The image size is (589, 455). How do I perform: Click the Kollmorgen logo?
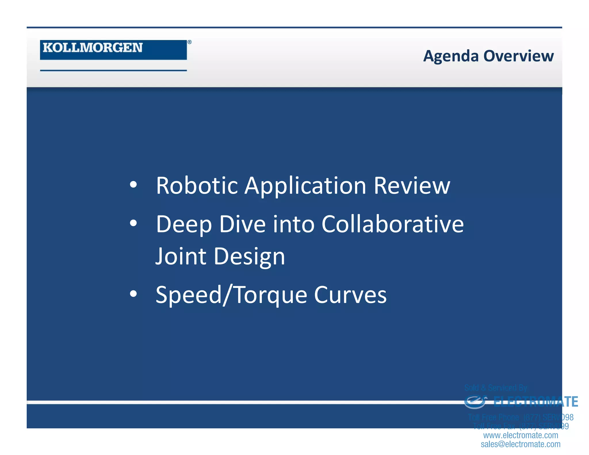113,49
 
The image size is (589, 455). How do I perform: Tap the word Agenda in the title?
450,56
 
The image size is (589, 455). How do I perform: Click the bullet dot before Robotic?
133,185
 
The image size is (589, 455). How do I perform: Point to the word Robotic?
197,186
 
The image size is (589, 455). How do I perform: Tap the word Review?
412,186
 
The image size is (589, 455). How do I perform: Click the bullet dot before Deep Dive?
133,223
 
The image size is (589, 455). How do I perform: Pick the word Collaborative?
393,224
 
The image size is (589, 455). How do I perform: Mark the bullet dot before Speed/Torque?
133,294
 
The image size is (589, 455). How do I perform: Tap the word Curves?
350,295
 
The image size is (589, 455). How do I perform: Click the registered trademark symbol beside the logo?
190,42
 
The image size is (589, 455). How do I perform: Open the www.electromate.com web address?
521,435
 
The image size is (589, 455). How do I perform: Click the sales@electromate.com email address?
521,444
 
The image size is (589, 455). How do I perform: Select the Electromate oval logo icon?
475,402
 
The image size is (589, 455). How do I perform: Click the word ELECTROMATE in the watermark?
536,402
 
